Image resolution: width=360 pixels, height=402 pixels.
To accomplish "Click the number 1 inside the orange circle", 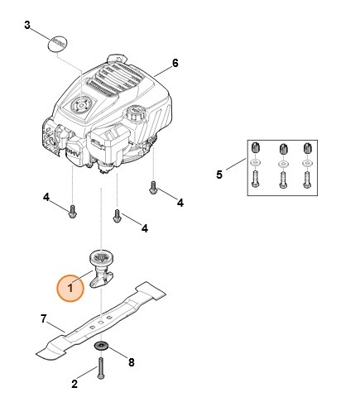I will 71,288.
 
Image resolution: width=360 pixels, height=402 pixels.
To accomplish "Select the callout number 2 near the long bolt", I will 74,383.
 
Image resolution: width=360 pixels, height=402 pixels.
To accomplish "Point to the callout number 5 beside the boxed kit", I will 219,175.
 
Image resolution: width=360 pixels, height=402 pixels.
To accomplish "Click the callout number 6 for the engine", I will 175,63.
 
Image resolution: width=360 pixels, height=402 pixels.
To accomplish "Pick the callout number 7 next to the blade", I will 44,318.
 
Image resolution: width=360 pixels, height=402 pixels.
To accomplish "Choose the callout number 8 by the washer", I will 130,361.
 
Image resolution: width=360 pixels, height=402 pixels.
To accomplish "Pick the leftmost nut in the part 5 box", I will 255,147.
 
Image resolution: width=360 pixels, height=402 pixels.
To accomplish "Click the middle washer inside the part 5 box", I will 283,162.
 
